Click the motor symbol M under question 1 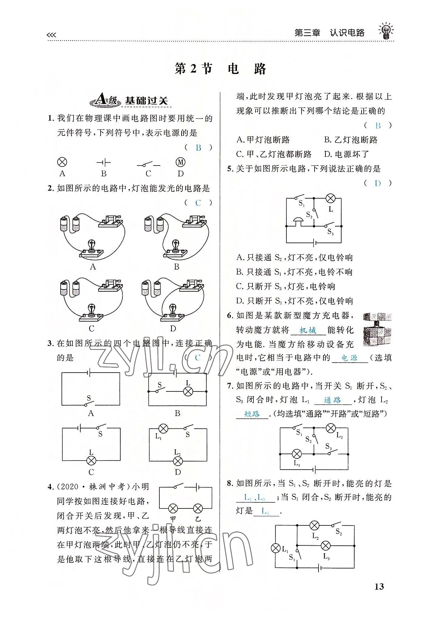pyautogui.click(x=181, y=162)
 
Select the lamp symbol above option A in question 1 pyautogui.click(x=62, y=162)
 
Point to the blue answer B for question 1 pyautogui.click(x=198, y=148)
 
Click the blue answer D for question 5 pyautogui.click(x=378, y=183)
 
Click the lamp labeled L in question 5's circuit pyautogui.click(x=330, y=199)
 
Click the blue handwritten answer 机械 pyautogui.click(x=308, y=330)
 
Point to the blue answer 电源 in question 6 pyautogui.click(x=349, y=358)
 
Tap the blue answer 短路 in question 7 pyautogui.click(x=252, y=414)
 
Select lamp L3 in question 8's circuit pyautogui.click(x=325, y=546)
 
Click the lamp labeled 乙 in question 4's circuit pyautogui.click(x=198, y=508)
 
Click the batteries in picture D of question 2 pyautogui.click(x=151, y=287)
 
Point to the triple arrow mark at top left pyautogui.click(x=52, y=35)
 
